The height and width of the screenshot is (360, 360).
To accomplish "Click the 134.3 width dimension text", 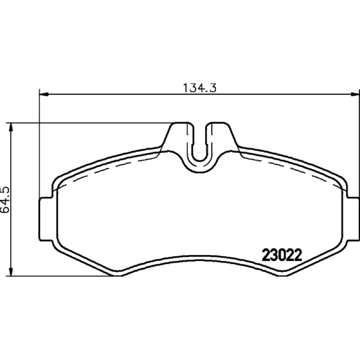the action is point(199,88).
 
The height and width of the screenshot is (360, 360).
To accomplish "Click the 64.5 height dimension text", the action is point(5,199).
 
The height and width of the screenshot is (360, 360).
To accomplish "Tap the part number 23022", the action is point(282,255).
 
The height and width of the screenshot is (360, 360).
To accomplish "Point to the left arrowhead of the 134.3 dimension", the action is point(44,94).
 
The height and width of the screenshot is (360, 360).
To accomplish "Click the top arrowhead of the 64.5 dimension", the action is point(10,128).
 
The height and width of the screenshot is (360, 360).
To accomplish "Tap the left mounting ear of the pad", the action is point(46,219).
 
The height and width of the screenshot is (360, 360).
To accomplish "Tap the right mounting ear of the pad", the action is point(353,219).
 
